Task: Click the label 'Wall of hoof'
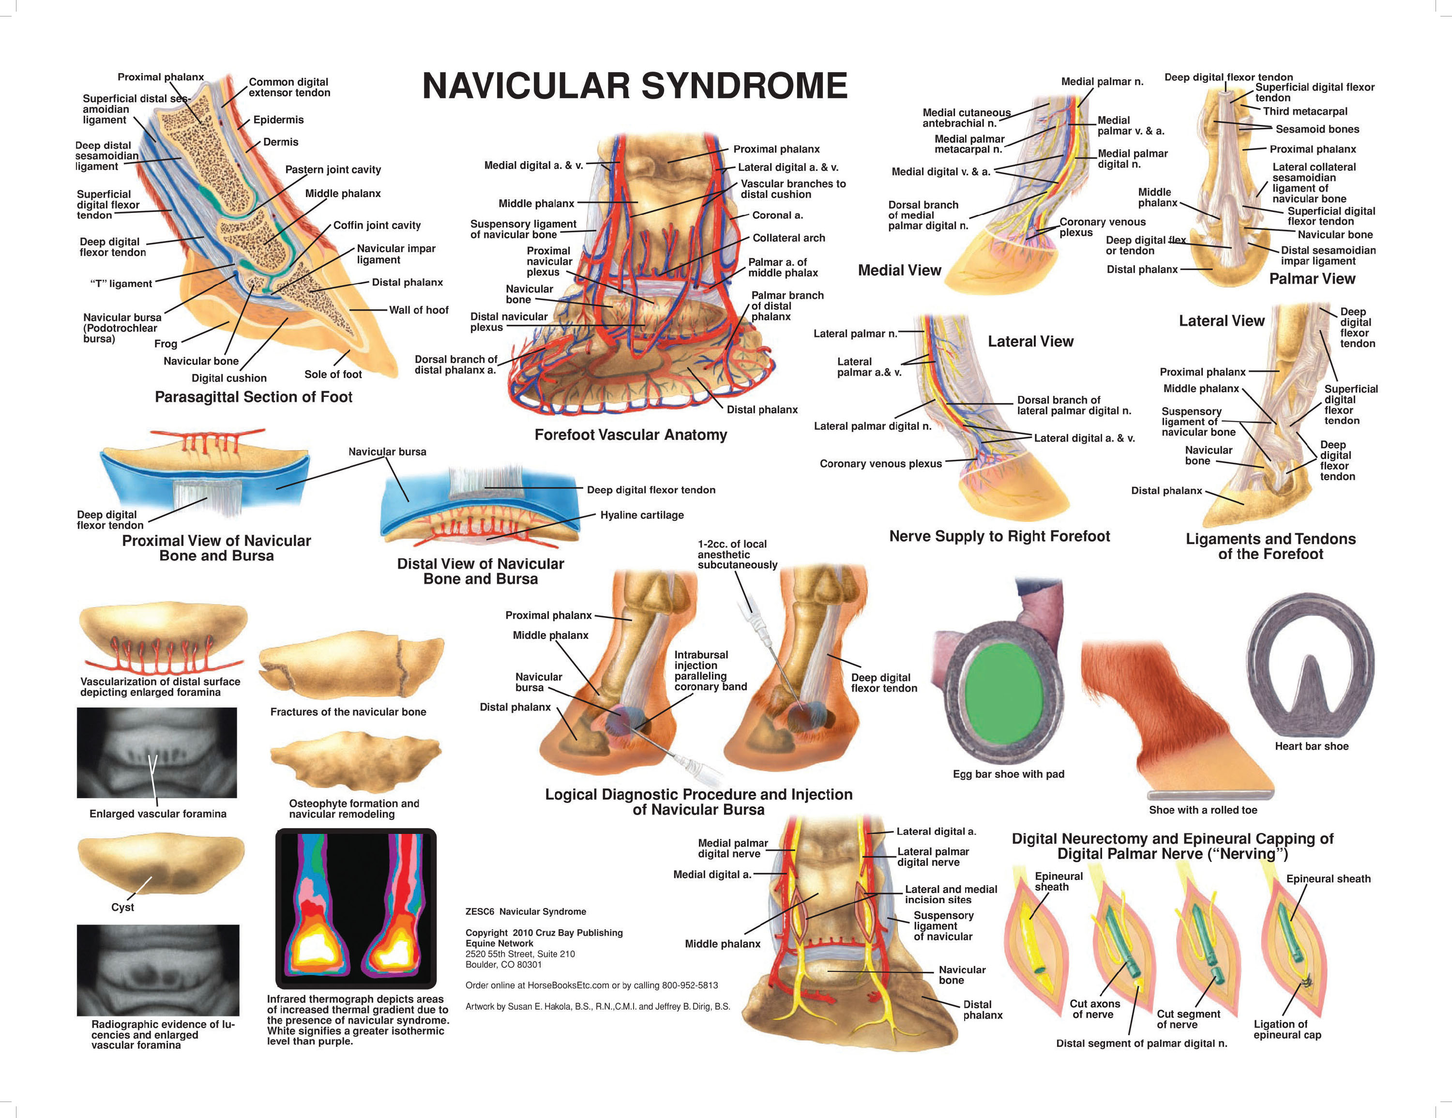[418, 310]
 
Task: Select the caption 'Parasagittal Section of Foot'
[253, 397]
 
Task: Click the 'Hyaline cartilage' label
[642, 515]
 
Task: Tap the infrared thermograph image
[356, 907]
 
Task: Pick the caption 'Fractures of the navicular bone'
[348, 712]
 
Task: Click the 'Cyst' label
[122, 907]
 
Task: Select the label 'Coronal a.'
[777, 215]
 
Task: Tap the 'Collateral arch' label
[788, 238]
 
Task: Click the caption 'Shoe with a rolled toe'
[1203, 810]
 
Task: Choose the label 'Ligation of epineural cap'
[1287, 1029]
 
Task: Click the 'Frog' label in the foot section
[166, 344]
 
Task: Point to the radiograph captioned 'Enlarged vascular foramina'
[157, 753]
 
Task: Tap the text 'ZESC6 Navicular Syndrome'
[525, 912]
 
